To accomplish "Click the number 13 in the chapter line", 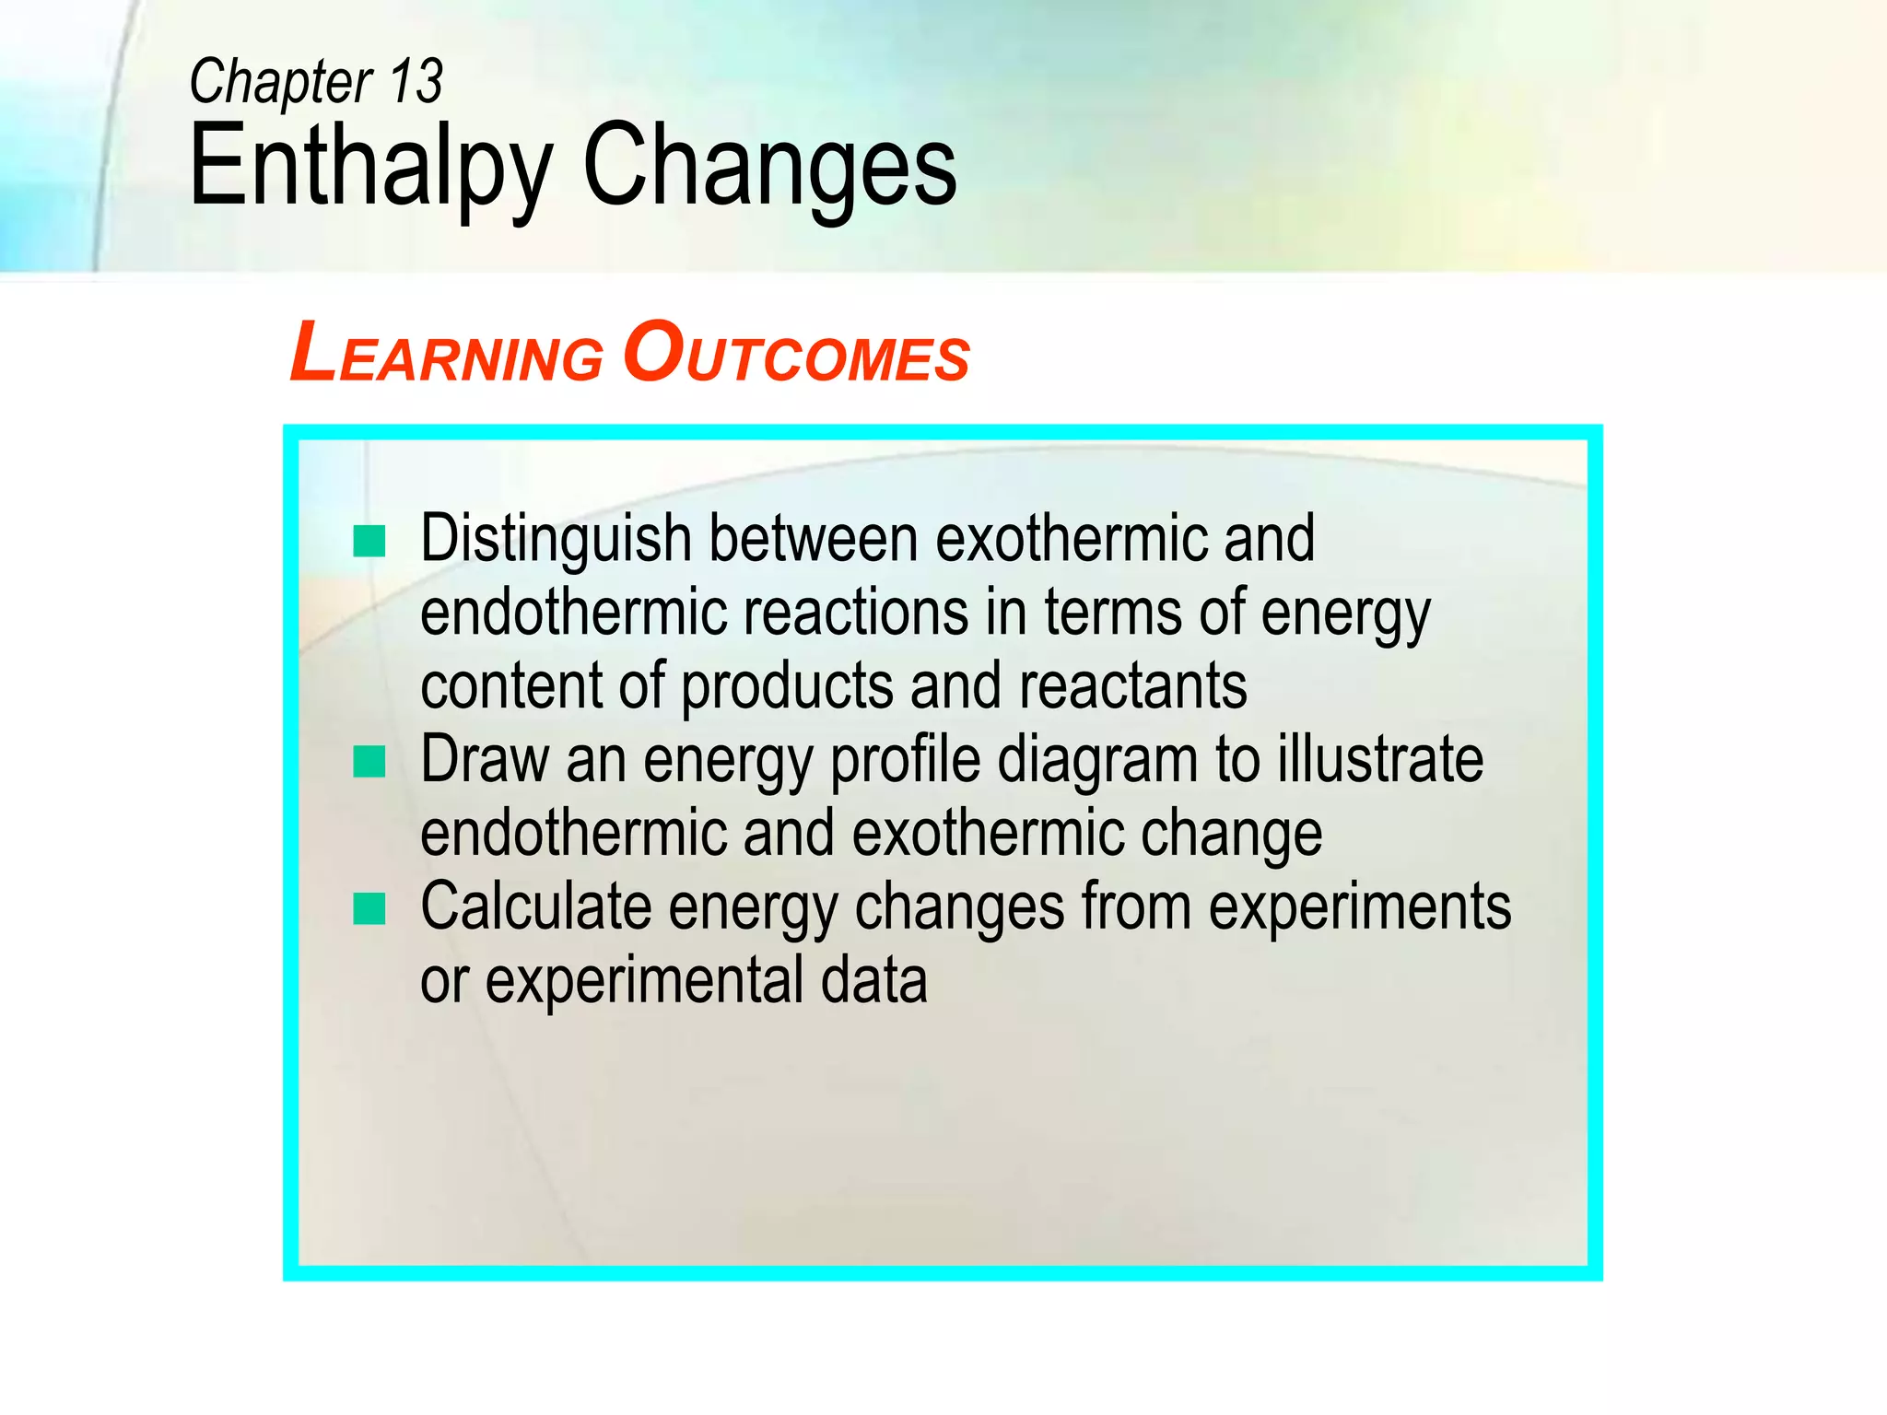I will [416, 82].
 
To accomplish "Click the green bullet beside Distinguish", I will [369, 541].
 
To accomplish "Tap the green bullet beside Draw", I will [369, 762].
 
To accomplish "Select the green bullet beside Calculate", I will [369, 908].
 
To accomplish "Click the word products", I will [786, 687].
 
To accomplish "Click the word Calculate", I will [535, 907].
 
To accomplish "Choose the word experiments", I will [1359, 907].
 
